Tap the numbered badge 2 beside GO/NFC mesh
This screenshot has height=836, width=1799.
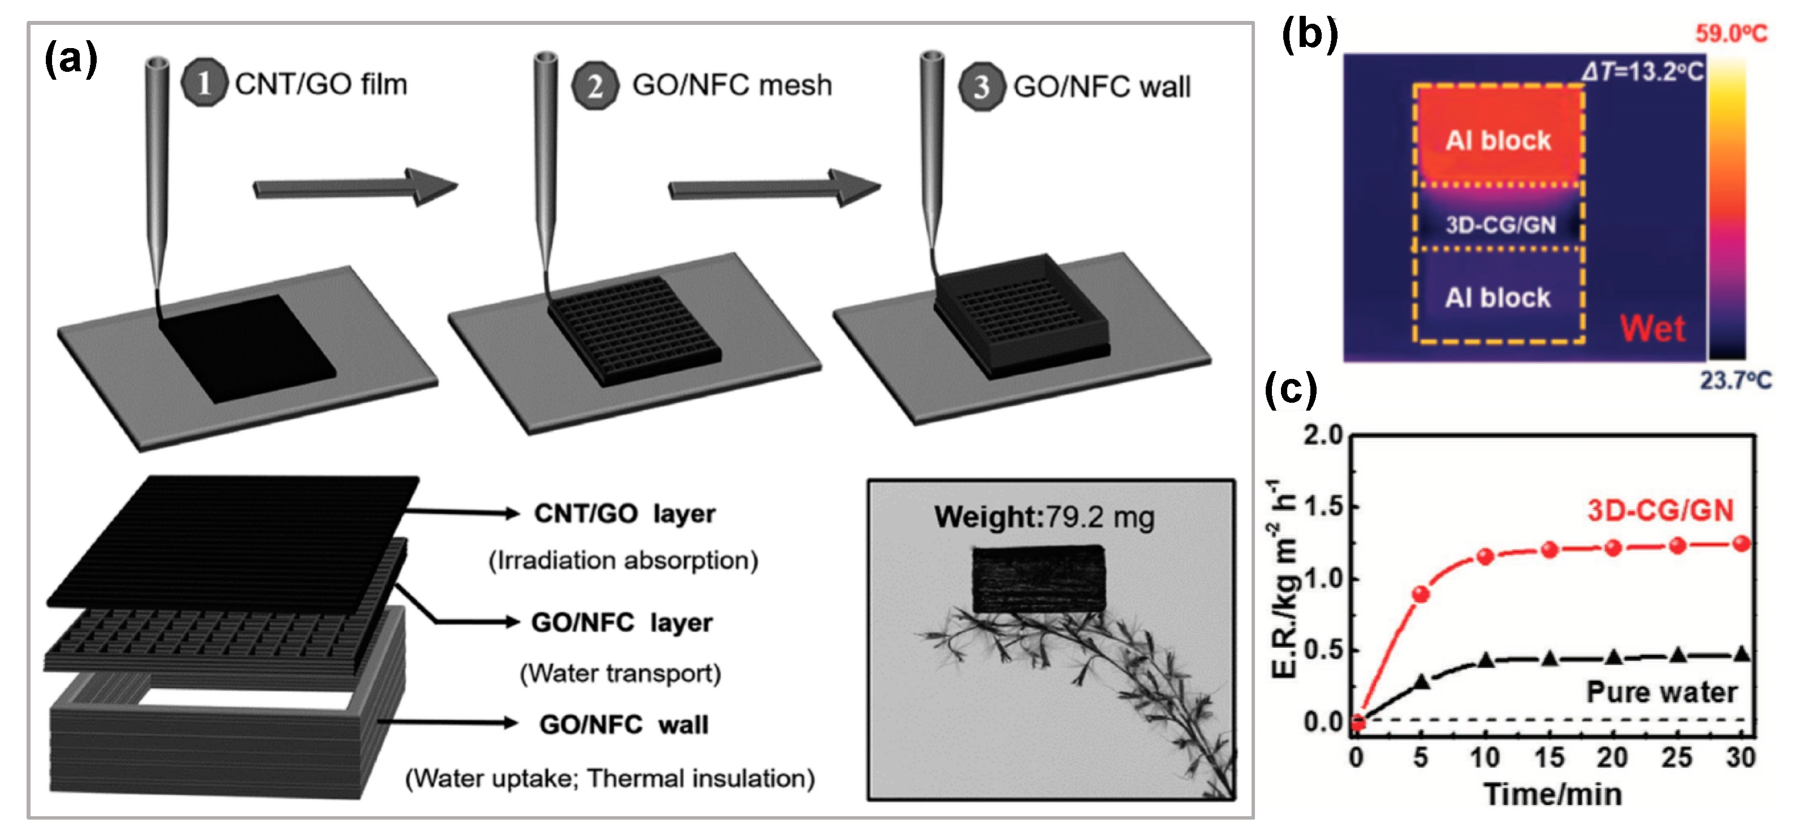click(594, 86)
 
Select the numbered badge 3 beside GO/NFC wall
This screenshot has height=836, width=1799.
click(981, 87)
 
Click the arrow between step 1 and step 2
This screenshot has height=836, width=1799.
click(355, 187)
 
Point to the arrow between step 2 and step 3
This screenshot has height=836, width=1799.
click(774, 188)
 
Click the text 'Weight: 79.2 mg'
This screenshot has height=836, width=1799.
click(1043, 518)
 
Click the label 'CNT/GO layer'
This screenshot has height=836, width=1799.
click(624, 514)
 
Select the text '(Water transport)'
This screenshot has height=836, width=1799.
click(620, 673)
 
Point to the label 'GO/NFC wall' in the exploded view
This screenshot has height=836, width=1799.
click(624, 724)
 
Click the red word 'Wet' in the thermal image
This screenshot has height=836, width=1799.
click(1653, 328)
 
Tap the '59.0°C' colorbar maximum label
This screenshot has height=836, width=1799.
click(1731, 33)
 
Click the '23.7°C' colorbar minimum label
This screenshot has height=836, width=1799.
click(1735, 380)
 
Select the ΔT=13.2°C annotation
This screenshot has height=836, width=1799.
click(1642, 71)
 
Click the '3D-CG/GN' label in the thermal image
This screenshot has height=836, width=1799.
click(1500, 225)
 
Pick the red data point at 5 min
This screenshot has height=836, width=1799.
click(1421, 594)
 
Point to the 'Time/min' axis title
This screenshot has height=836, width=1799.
click(1552, 795)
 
